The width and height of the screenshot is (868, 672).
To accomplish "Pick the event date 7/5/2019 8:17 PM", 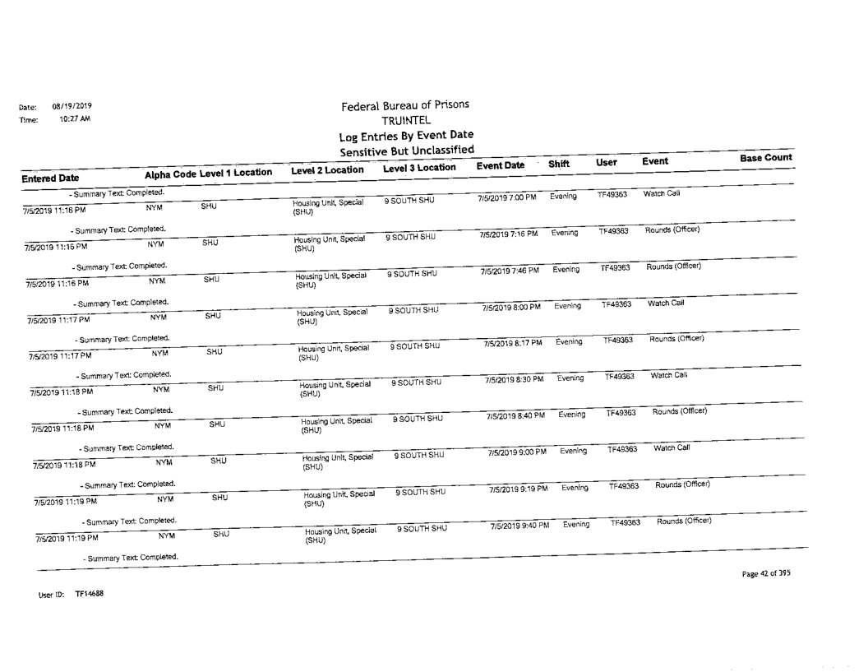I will click(x=511, y=343).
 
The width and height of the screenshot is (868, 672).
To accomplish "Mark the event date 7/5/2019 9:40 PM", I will click(x=523, y=525).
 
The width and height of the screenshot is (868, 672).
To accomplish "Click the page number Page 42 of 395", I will click(x=764, y=573).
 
